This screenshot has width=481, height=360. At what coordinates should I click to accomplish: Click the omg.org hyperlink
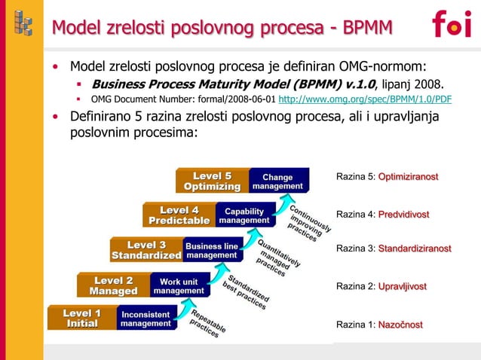point(365,99)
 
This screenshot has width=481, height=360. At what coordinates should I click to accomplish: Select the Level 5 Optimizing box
point(212,182)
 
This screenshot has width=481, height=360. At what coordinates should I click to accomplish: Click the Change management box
point(278,182)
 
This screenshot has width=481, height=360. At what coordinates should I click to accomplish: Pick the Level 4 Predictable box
point(179,215)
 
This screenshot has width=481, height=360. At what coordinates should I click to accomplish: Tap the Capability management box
point(244,215)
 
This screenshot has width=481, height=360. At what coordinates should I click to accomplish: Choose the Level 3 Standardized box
point(146,250)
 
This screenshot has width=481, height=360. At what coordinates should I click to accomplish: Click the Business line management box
point(212,250)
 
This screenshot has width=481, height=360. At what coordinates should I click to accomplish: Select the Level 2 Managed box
point(113,285)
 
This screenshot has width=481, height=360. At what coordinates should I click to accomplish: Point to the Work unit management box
point(179,285)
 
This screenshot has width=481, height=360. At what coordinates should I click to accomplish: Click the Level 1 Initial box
point(81,318)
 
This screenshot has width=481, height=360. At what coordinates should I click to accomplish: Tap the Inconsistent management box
point(146,318)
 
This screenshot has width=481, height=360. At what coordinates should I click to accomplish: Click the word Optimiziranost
point(408,176)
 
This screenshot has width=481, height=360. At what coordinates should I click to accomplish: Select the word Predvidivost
point(403,215)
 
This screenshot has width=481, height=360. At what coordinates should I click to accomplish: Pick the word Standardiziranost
point(414,249)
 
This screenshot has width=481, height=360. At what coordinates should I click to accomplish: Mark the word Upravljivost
point(402,287)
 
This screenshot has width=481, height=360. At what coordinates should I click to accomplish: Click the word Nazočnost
point(400,325)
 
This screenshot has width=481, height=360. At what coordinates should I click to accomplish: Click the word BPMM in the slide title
point(368,28)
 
